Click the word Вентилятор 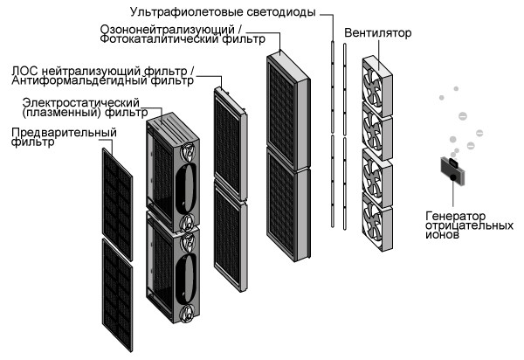coord(378,34)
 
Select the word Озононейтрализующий coord(155,29)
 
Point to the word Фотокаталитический coord(151,40)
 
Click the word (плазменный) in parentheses coord(53,114)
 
